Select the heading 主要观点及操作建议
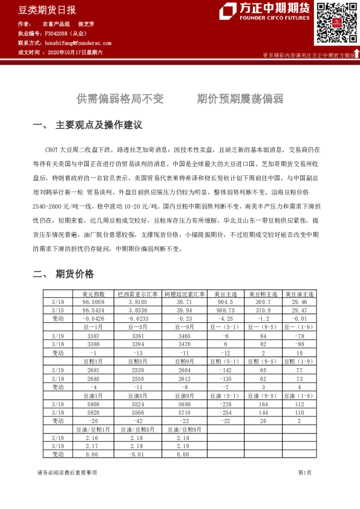coord(99,125)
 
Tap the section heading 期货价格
coord(74,274)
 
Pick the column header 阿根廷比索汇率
coord(185,293)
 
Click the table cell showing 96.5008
coord(94,301)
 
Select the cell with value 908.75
coord(225,310)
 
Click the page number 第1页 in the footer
coord(304,472)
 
